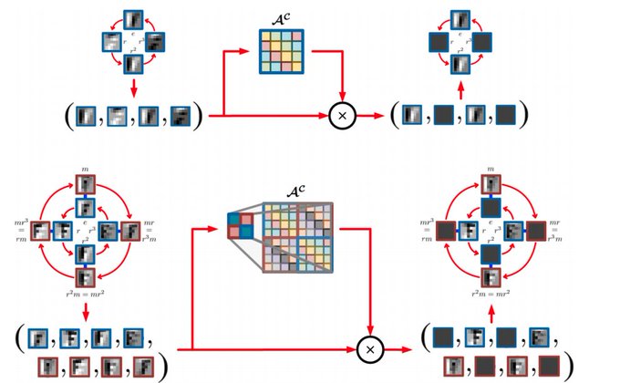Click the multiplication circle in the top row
pyautogui.click(x=342, y=116)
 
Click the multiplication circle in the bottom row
pyautogui.click(x=369, y=348)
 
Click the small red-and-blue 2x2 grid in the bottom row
pyautogui.click(x=241, y=223)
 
